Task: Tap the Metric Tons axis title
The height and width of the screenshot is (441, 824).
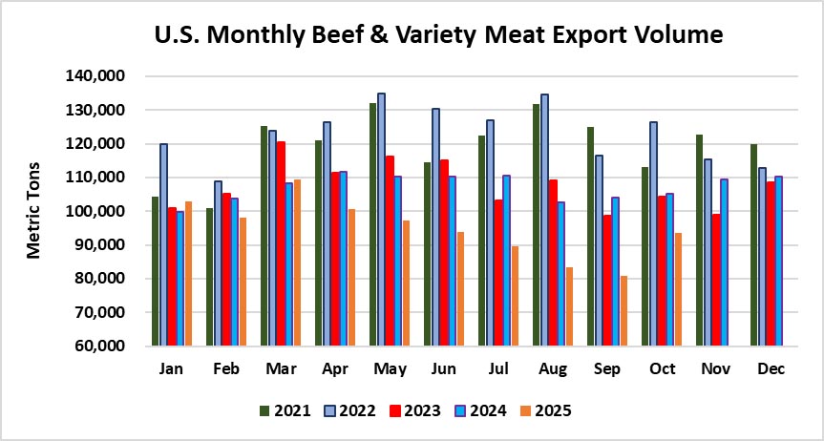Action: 34,211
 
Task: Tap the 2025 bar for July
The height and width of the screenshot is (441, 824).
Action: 515,296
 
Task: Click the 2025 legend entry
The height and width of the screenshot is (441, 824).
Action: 545,411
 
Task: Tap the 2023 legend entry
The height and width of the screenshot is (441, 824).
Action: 415,411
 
